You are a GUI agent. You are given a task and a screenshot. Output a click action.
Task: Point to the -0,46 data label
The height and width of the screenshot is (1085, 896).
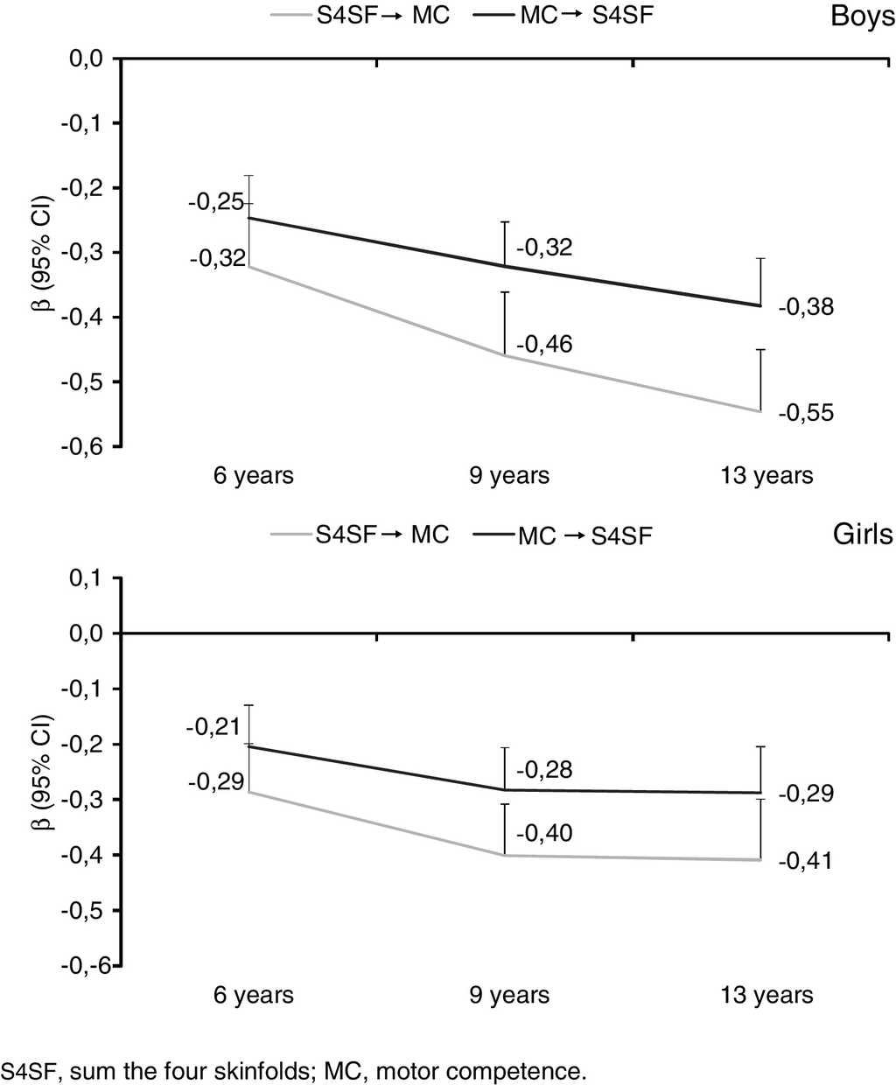[544, 344]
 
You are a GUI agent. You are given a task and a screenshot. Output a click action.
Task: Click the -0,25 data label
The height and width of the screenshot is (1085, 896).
[215, 203]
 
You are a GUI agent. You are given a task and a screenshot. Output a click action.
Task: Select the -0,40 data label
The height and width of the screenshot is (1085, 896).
[544, 832]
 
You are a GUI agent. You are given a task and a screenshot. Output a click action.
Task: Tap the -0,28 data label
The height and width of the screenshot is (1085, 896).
[544, 770]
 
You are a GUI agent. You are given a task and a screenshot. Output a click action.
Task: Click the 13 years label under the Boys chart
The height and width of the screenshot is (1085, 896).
[766, 475]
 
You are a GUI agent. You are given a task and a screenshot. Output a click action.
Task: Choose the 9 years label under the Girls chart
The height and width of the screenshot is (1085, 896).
[509, 995]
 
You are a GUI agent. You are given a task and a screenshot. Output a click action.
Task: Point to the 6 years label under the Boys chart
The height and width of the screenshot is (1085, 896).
[254, 475]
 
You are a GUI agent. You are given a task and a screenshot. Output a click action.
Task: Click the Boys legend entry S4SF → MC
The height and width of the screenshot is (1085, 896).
[382, 16]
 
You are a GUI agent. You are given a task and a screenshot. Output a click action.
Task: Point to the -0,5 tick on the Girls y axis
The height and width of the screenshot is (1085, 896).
[83, 910]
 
